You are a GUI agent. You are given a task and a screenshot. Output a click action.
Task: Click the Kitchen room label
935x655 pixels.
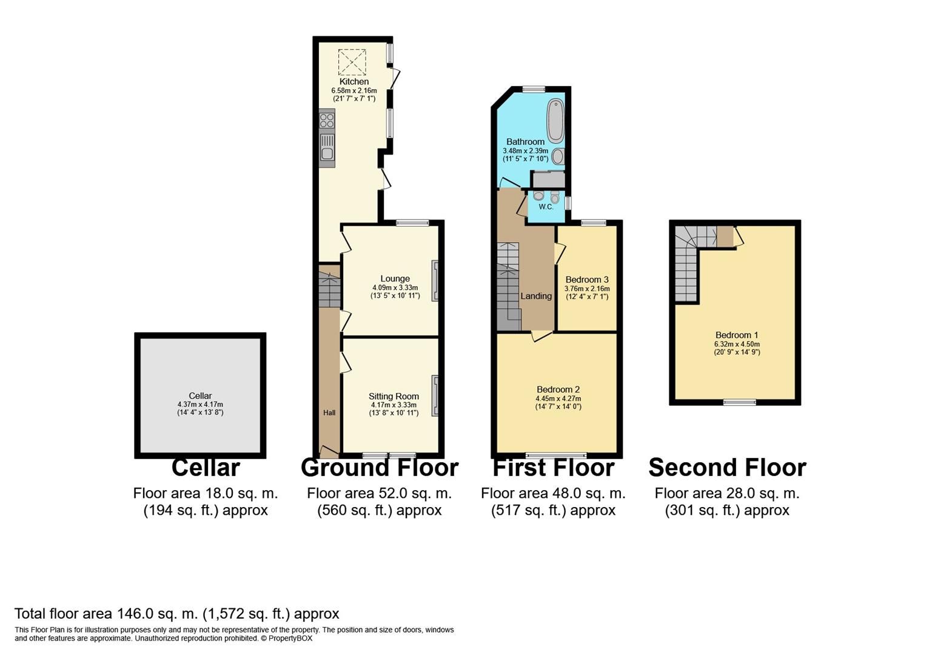coord(354,82)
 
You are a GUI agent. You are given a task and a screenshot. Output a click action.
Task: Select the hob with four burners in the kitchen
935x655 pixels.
coord(327,120)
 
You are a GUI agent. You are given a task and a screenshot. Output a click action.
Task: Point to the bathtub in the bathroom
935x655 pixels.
coord(555,121)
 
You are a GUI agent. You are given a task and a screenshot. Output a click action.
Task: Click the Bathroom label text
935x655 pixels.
coord(525,142)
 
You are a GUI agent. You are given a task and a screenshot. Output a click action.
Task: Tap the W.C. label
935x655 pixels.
coord(546,207)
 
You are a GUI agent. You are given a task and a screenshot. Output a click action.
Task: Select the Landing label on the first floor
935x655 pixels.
coord(536,296)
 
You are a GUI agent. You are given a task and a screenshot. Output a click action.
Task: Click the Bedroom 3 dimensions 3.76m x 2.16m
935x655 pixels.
coord(586,289)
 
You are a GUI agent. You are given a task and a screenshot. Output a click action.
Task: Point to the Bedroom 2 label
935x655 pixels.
coord(558,389)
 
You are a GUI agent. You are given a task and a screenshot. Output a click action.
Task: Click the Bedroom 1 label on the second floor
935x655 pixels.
coord(737,335)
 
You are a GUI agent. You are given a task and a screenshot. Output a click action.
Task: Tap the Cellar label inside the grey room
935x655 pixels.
coord(200,396)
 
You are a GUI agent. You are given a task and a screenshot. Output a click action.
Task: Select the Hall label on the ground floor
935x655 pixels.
coord(329,413)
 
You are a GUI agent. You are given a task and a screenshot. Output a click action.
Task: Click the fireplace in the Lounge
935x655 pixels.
coord(435,281)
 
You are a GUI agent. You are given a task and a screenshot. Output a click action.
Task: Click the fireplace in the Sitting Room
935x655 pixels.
coord(435,396)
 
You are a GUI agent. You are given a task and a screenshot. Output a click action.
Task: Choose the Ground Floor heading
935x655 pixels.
coord(380,468)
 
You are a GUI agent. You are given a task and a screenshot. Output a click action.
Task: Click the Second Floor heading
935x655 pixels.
coord(727,468)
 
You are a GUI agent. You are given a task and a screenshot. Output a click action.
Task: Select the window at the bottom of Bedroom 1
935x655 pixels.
coord(739,401)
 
